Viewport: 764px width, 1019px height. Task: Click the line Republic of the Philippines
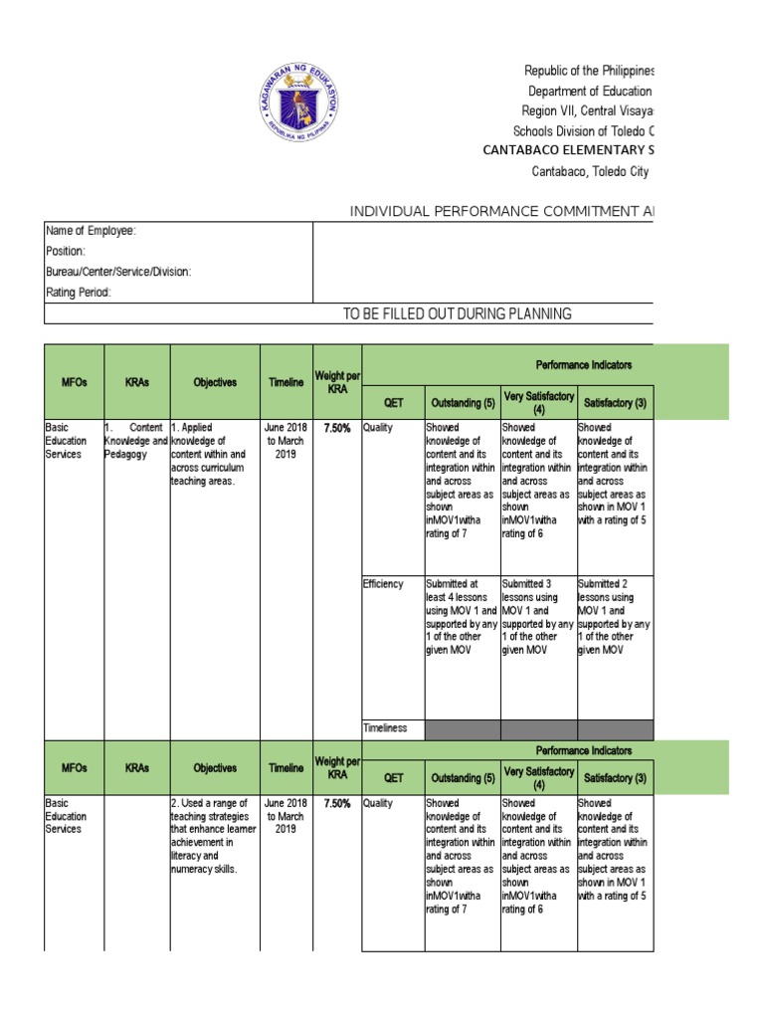tap(589, 71)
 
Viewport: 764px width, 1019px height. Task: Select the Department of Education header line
tap(590, 91)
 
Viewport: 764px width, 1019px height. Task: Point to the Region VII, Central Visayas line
tap(588, 110)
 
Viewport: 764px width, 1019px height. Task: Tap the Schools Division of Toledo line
tap(584, 130)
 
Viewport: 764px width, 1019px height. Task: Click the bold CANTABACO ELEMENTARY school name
tap(568, 150)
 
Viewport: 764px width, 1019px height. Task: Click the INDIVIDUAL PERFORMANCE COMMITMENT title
tap(501, 211)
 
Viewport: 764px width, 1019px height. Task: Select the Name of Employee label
tap(91, 231)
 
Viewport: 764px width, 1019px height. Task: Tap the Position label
tap(66, 252)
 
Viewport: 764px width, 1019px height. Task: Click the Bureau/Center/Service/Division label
tap(118, 272)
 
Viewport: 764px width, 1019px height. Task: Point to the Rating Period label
tap(79, 293)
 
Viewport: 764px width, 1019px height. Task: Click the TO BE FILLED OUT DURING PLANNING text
tap(457, 314)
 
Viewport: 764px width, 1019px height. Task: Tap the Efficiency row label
tap(383, 584)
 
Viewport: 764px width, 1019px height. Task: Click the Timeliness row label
tap(385, 728)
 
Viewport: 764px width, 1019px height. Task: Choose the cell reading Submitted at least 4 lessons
tap(462, 617)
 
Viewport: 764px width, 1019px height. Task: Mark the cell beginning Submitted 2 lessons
tap(615, 617)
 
